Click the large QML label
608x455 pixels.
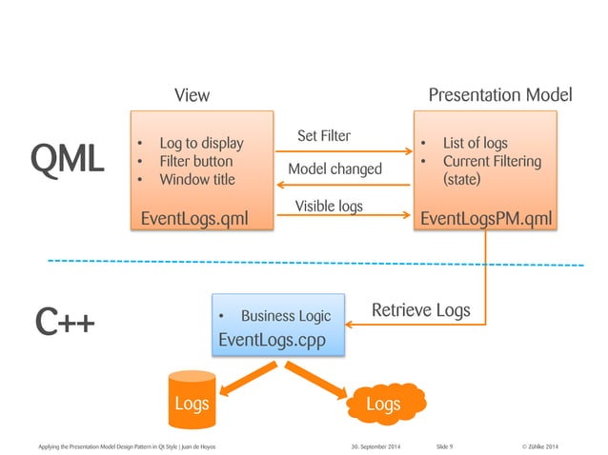[x=66, y=160]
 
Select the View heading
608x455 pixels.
[x=192, y=95]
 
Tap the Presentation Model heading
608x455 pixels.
[x=499, y=95]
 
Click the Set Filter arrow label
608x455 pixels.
[x=323, y=136]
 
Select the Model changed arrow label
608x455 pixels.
[x=334, y=168]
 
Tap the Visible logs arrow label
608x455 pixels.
[x=328, y=206]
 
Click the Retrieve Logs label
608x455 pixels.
[x=420, y=310]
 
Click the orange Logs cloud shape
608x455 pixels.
[x=383, y=404]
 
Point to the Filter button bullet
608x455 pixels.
[x=195, y=161]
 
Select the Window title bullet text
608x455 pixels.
[x=196, y=179]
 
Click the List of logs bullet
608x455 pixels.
[x=475, y=144]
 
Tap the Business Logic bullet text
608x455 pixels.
[x=285, y=316]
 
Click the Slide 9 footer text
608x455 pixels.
[x=444, y=445]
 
